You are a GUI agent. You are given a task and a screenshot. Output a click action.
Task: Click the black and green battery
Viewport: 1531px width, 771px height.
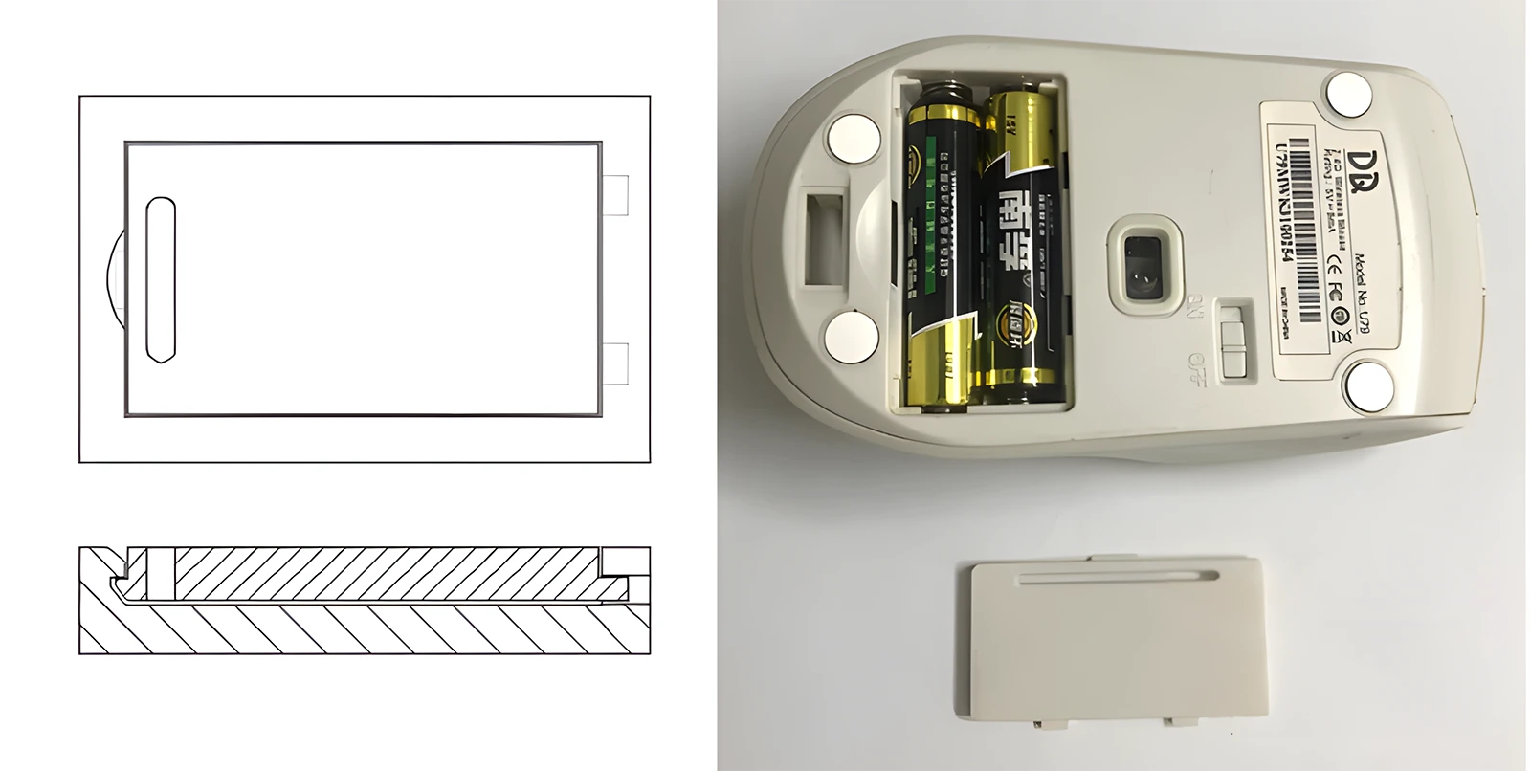click(942, 249)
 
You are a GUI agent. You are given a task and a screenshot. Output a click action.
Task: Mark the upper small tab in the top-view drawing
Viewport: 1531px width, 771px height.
click(617, 196)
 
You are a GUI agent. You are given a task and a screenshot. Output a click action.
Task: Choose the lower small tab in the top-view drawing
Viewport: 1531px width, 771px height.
click(617, 363)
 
